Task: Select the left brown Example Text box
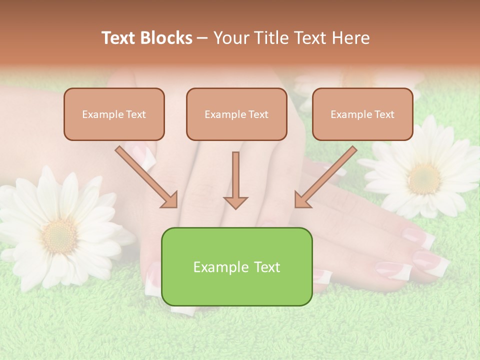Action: point(114,114)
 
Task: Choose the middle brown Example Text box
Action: point(236,114)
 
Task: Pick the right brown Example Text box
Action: point(362,114)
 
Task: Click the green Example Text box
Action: point(236,266)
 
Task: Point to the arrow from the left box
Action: point(145,176)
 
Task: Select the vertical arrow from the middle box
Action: point(235,177)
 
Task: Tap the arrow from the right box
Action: point(326,176)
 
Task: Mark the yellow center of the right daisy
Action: point(424,179)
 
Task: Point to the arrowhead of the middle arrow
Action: point(235,202)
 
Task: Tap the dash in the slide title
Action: point(202,38)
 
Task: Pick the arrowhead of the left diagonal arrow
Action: point(170,200)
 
